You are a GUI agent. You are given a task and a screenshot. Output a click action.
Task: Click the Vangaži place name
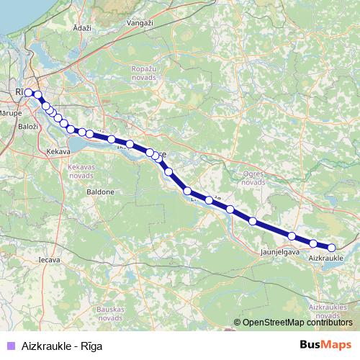pyautogui.click(x=141, y=24)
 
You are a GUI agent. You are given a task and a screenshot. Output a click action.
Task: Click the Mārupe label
pyautogui.click(x=12, y=113)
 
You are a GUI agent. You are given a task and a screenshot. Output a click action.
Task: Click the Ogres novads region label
pyautogui.click(x=253, y=178)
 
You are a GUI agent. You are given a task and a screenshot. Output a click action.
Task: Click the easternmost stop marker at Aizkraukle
pyautogui.click(x=331, y=248)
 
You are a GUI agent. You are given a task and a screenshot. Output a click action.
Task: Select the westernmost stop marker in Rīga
pyautogui.click(x=28, y=92)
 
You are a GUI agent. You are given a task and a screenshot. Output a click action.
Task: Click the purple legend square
pyautogui.click(x=9, y=346)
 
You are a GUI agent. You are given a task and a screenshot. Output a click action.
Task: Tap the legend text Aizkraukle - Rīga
pyautogui.click(x=62, y=346)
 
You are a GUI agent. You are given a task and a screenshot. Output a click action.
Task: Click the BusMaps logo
pyautogui.click(x=325, y=345)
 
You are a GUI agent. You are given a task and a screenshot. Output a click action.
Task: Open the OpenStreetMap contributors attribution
pyautogui.click(x=297, y=323)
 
